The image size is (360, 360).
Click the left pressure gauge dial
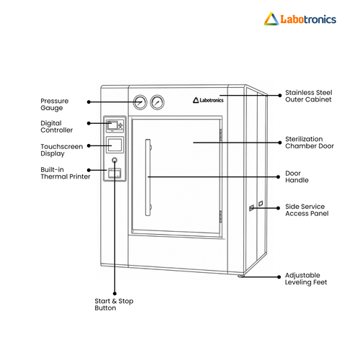pos(140,102)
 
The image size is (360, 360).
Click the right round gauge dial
pos(157,102)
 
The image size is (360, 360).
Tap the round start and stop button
pos(114,160)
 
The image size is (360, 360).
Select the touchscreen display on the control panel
pos(114,145)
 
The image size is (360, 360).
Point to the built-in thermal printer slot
pos(114,173)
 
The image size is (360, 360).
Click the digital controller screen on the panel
pos(112,125)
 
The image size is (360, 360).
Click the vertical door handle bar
pos(148,177)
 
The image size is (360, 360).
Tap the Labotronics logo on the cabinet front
pos(208,100)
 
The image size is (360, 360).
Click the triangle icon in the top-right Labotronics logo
pos(271,19)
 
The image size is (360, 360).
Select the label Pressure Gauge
pos(55,104)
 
